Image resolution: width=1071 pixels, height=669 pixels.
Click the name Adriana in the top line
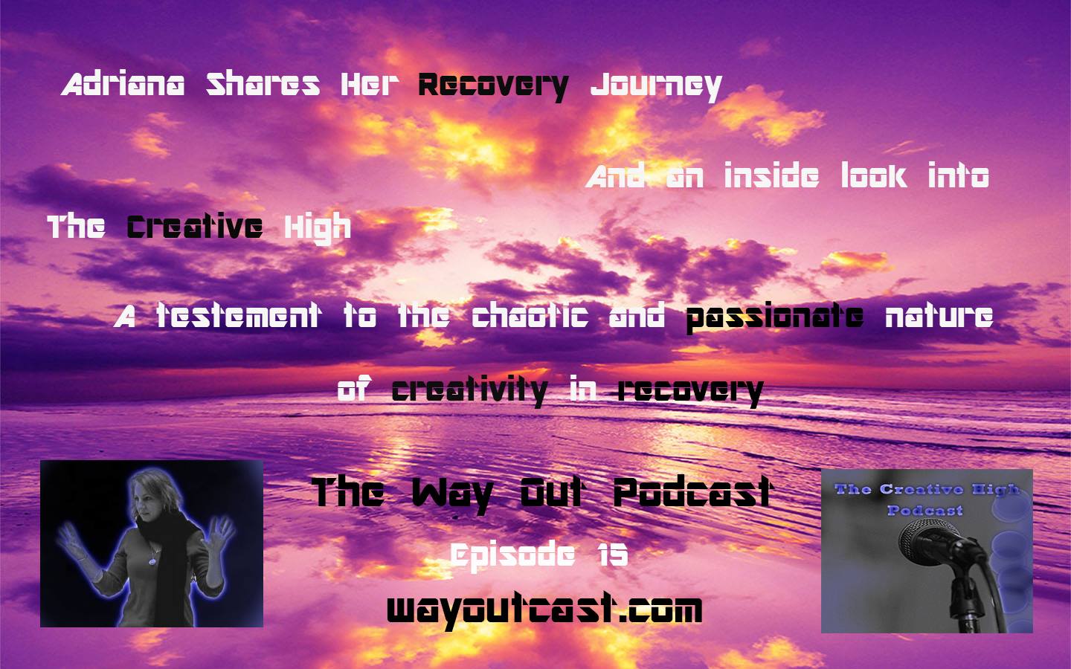click(123, 85)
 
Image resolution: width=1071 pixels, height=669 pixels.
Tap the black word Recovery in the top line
click(493, 88)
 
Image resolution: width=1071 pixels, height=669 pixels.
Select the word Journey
click(656, 88)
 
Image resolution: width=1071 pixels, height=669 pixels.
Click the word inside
click(771, 175)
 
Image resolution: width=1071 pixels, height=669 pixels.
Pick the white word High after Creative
click(318, 228)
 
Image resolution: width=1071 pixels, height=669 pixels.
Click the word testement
click(238, 315)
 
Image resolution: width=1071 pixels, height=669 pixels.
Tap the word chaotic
click(530, 315)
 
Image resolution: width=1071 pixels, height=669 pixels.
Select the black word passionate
click(774, 318)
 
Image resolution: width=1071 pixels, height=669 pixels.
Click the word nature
click(939, 315)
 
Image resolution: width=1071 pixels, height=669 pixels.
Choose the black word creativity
click(469, 392)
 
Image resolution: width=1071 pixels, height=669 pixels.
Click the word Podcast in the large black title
click(693, 492)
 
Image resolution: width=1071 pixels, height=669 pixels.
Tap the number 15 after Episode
click(613, 555)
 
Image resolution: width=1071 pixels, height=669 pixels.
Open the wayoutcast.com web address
click(544, 610)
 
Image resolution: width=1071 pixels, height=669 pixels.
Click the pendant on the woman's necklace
click(152, 561)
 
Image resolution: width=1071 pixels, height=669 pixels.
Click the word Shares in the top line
click(263, 85)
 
